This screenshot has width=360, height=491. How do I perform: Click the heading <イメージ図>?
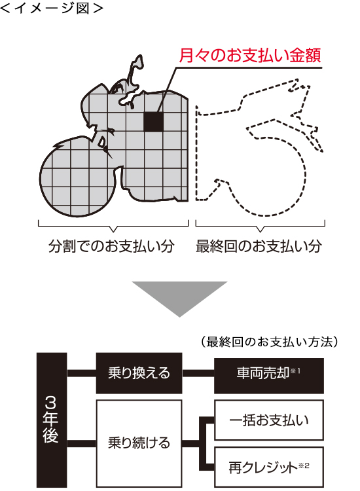[x=52, y=8]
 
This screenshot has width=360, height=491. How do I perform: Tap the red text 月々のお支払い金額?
[x=250, y=56]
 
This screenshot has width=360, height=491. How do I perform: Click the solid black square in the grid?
[x=153, y=122]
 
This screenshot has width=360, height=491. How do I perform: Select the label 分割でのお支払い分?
[x=111, y=246]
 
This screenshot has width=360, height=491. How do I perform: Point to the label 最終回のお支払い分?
[x=259, y=246]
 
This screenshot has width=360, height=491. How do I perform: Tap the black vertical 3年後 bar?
[x=52, y=420]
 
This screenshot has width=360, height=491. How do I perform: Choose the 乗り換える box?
[x=139, y=373]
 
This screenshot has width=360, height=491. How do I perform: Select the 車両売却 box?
[x=268, y=376]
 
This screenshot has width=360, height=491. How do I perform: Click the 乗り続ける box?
[x=139, y=443]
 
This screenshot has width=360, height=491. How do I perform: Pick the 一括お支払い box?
[x=268, y=420]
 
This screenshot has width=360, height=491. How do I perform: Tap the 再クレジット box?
[x=268, y=467]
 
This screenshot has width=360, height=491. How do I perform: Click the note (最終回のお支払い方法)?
[x=269, y=342]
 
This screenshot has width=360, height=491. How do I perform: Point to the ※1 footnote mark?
[x=295, y=371]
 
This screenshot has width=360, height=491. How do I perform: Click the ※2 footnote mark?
[x=304, y=465]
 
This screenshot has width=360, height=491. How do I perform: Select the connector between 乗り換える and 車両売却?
[x=198, y=373]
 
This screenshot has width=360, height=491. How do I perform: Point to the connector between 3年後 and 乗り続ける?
[x=81, y=443]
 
